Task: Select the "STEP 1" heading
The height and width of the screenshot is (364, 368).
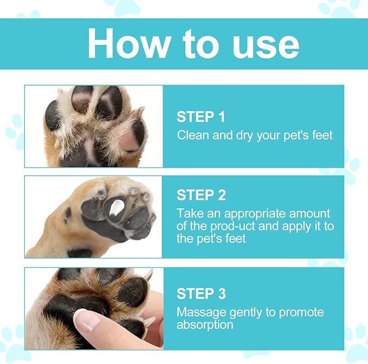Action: point(201,117)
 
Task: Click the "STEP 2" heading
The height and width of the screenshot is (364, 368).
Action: point(201,195)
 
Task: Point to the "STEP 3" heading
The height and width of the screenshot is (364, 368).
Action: point(201,294)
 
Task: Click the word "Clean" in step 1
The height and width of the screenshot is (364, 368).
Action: point(193,135)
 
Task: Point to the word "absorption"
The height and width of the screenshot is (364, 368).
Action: point(205,325)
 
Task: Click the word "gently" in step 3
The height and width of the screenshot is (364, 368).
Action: point(242,313)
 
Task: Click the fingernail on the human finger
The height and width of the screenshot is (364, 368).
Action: point(86,320)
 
